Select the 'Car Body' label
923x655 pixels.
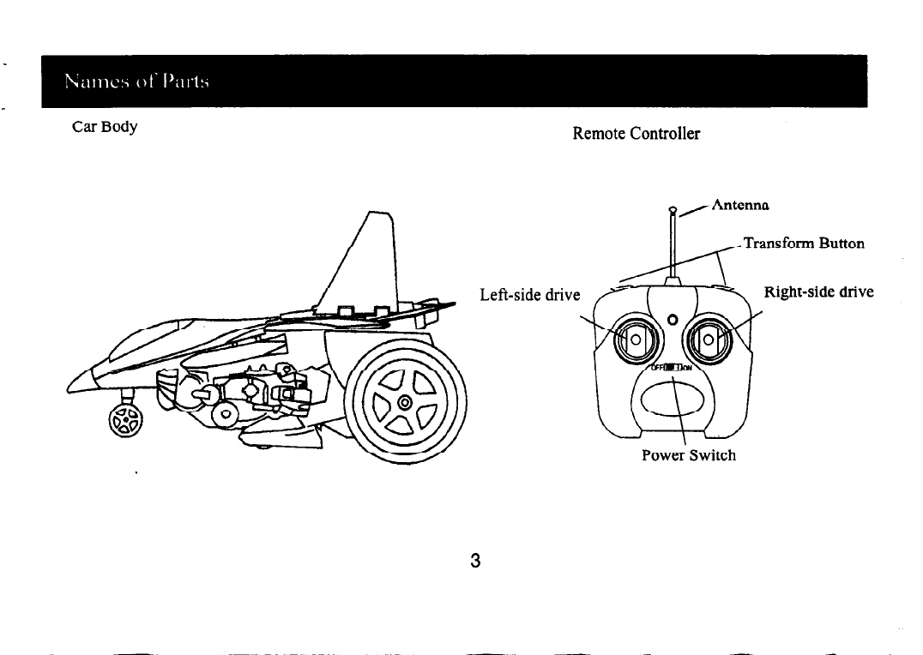coord(105,127)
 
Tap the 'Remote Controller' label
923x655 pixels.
coord(636,134)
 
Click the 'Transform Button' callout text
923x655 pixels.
coord(803,243)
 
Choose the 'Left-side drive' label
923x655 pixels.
coord(530,295)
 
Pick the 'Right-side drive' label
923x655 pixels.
coord(818,291)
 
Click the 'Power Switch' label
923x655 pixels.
coord(688,454)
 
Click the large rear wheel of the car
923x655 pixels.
coord(404,402)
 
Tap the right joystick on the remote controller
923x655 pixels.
coord(709,343)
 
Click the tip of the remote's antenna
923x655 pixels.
coord(673,208)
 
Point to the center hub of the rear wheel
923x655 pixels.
coord(404,402)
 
